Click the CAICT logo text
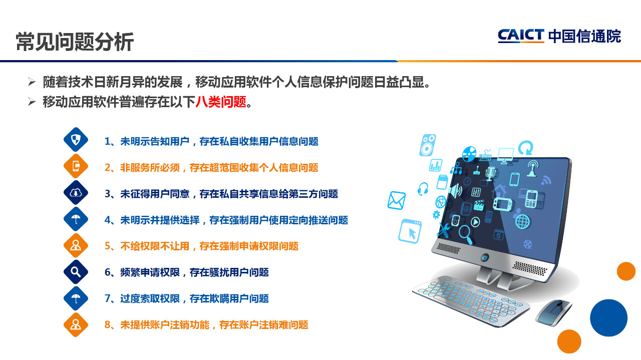(x=521, y=36)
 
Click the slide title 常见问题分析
(x=75, y=42)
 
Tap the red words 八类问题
(x=221, y=102)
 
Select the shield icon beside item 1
(x=76, y=140)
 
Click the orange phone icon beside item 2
(x=76, y=166)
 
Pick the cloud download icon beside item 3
(x=76, y=193)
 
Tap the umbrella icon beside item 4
(x=76, y=219)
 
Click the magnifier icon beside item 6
(x=76, y=272)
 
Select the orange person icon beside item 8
(x=76, y=325)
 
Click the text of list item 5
(x=201, y=246)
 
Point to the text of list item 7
(x=187, y=298)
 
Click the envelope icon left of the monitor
(x=396, y=200)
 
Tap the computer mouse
(x=553, y=313)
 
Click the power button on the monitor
(x=485, y=257)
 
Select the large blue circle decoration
(x=608, y=317)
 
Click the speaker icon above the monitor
(x=428, y=145)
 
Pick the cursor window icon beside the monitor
(x=410, y=231)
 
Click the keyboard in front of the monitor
(x=471, y=300)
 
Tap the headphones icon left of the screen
(x=423, y=189)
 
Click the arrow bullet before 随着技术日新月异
(x=32, y=82)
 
